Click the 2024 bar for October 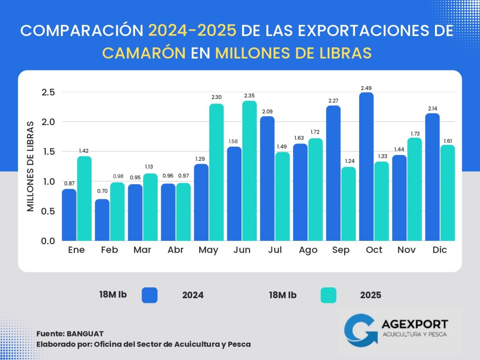367,166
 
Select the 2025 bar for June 250,171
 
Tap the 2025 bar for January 84,198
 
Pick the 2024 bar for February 102,220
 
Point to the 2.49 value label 367,88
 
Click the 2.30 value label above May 217,97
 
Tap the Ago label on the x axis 308,250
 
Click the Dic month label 440,250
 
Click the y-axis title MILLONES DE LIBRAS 30,166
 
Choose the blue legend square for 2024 149,295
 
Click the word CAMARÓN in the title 143,53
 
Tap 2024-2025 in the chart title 192,31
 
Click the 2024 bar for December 434,177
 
